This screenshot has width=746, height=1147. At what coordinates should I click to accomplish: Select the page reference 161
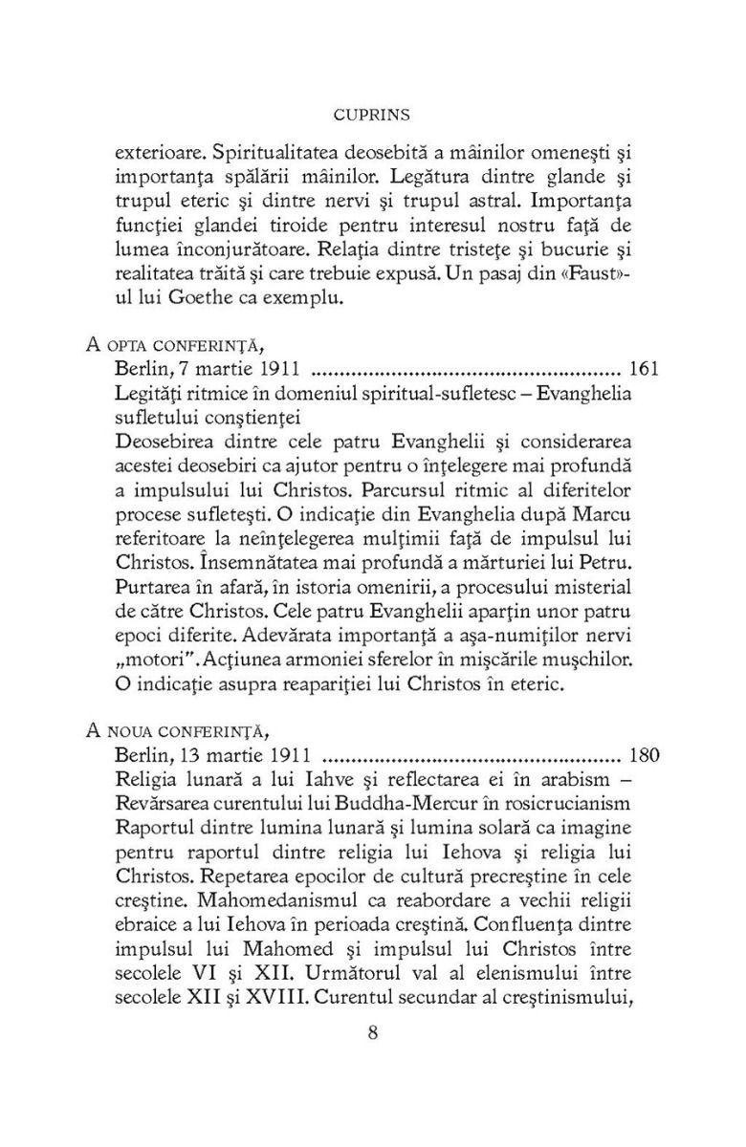coord(645,368)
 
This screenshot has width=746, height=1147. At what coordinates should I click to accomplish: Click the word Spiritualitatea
coord(279,152)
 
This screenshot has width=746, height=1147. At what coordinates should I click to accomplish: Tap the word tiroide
coord(287,227)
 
